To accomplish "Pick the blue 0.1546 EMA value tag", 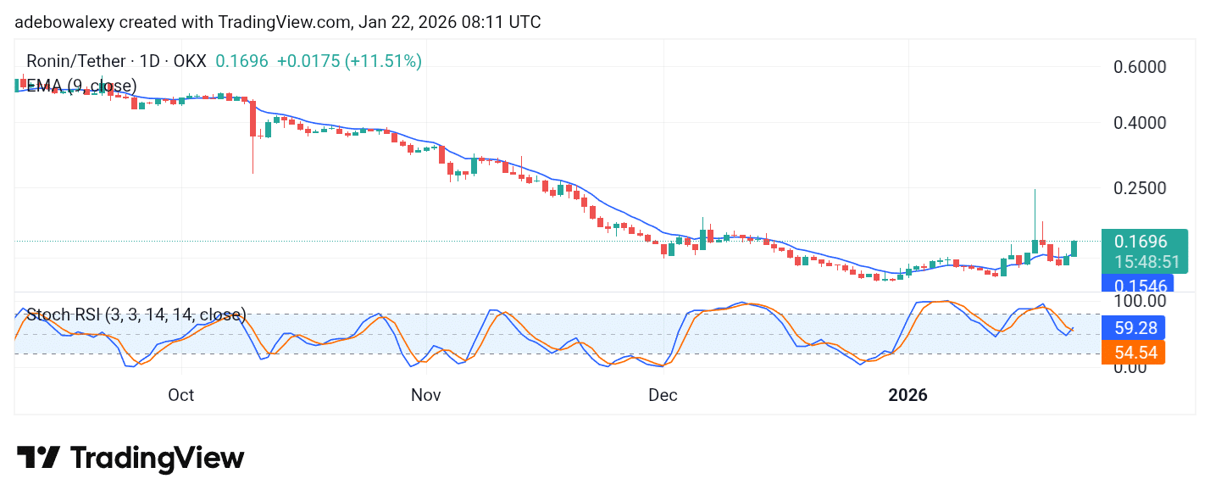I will click(x=1140, y=285).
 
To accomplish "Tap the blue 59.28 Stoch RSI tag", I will click(x=1134, y=327).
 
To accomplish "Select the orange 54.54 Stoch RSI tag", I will click(x=1134, y=352).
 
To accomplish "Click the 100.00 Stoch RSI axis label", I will click(x=1138, y=301).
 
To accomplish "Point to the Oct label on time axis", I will click(x=181, y=395).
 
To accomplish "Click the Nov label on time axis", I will click(x=425, y=395).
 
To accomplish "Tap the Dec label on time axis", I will click(x=663, y=395).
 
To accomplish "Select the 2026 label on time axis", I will click(x=907, y=395).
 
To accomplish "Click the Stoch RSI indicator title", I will click(x=136, y=315).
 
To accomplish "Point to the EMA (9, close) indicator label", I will click(x=81, y=86).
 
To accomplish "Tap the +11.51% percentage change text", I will click(x=383, y=61).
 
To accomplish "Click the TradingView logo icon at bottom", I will click(x=38, y=458).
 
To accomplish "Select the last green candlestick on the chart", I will click(x=1074, y=248).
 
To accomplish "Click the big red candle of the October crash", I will click(x=253, y=119).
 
